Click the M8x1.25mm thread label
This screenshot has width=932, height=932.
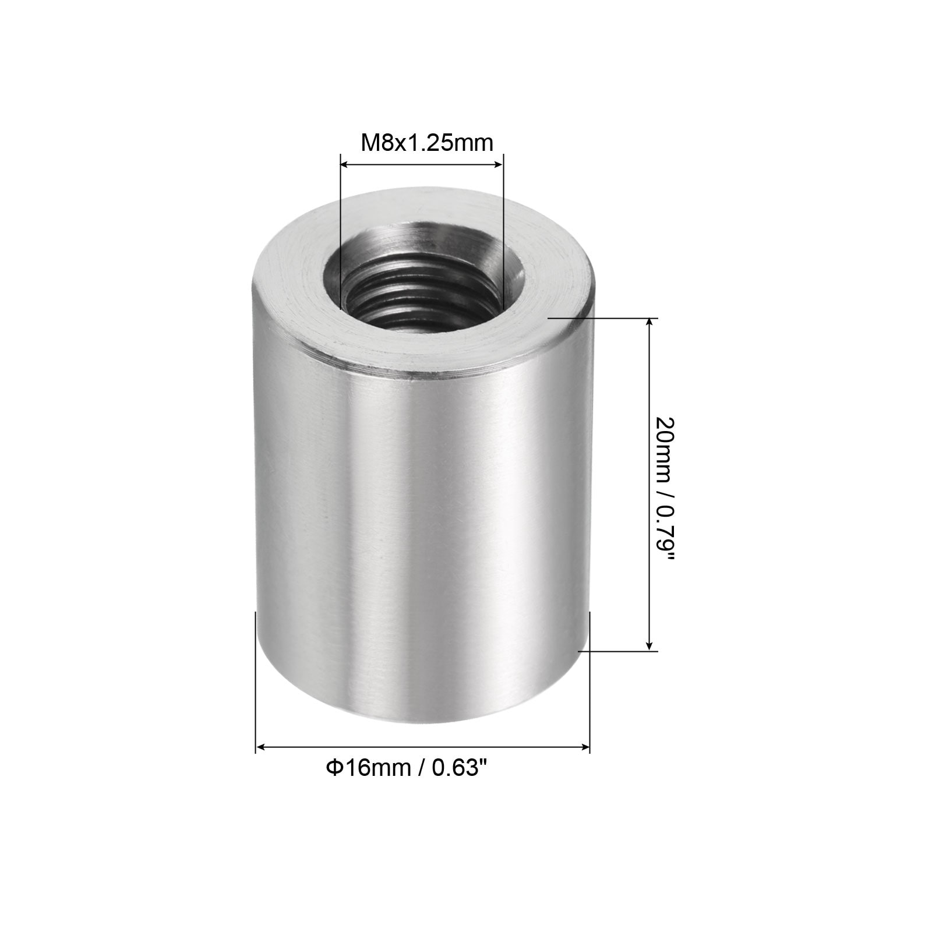(x=427, y=142)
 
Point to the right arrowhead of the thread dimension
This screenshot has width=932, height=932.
(x=497, y=165)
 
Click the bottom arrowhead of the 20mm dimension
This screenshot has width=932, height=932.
(x=649, y=644)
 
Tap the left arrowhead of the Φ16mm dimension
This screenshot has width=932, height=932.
(x=262, y=747)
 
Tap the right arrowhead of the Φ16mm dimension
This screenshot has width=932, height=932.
(x=584, y=747)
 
